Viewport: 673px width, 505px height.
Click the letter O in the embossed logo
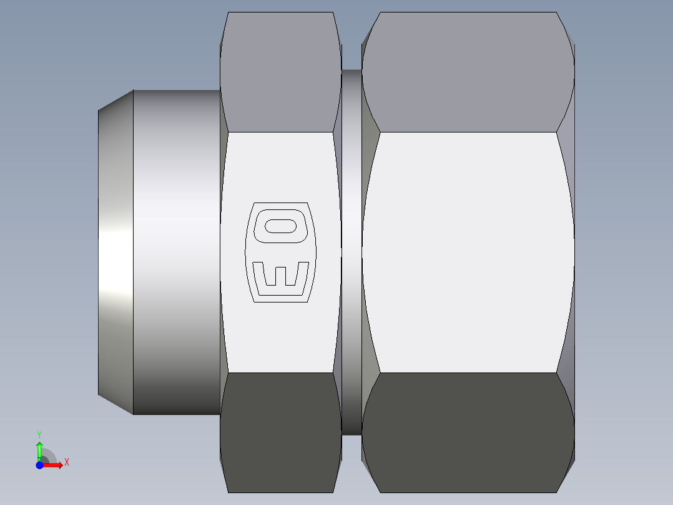(280, 226)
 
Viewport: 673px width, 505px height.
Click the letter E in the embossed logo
(280, 273)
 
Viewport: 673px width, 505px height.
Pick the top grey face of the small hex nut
(280, 72)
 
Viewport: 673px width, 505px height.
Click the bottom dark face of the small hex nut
(280, 431)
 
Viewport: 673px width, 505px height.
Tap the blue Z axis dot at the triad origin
(39, 465)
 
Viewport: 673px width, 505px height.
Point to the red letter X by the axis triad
(66, 462)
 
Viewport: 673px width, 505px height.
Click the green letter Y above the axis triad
(39, 434)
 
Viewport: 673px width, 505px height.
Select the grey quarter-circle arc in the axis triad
(50, 454)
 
